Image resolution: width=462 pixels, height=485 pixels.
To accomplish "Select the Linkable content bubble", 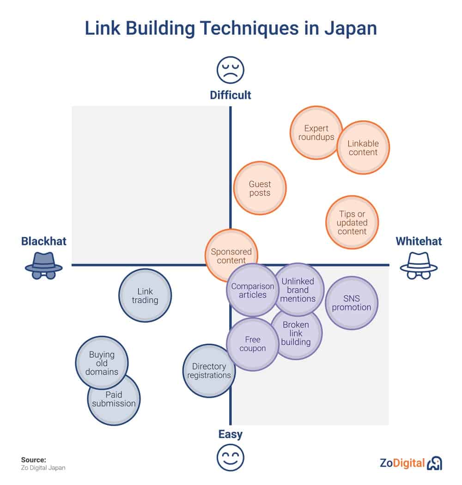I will point(363,147).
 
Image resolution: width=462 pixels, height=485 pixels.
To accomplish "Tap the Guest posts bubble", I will point(260,188).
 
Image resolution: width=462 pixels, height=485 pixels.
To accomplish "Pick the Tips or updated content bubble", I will point(352,222).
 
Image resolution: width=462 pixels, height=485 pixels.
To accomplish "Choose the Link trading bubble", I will point(145,296).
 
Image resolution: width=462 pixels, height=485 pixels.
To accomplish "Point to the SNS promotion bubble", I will point(352,303).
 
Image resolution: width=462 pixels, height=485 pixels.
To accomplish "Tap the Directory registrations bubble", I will point(209,370).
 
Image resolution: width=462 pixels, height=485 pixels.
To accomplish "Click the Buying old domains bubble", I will point(102,363).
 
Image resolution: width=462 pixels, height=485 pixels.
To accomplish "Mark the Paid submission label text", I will point(114,399).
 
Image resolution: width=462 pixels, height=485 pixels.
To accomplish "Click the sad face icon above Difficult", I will point(231,70).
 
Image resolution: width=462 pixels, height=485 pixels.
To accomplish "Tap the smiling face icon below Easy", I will point(231,457).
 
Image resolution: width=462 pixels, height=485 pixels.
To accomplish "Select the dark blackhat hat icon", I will point(44,266).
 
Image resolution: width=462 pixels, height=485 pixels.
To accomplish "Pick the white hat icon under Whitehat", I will point(419,266).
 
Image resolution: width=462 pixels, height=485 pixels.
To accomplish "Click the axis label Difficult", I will point(231,95).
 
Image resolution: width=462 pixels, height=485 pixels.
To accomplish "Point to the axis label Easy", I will point(231,434).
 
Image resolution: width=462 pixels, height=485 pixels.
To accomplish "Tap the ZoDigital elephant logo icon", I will point(434,463).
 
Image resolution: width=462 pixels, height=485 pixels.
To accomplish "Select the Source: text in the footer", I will point(34,460).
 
